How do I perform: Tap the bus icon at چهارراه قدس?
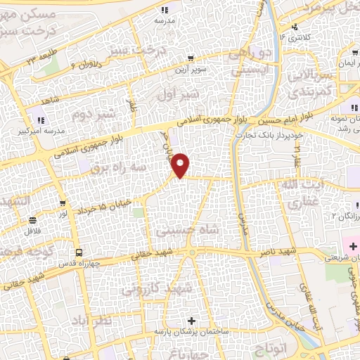tap(78, 251)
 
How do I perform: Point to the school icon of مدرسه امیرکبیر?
tap(39, 120)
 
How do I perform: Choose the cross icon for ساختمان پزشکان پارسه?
tap(191, 321)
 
